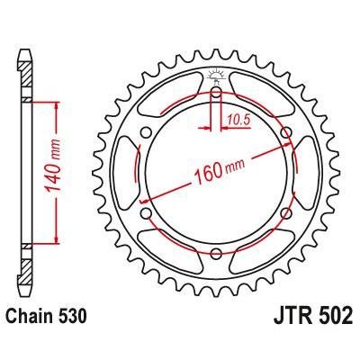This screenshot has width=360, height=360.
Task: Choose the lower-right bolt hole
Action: click(287, 213)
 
